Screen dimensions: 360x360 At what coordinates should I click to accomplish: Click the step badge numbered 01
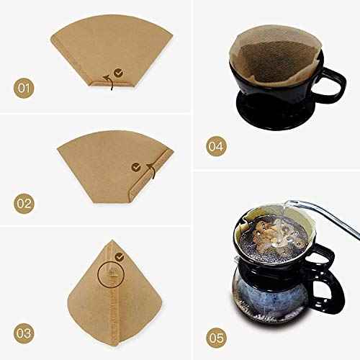[x=24, y=89]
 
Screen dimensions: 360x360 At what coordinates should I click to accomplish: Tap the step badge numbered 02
[x=24, y=204]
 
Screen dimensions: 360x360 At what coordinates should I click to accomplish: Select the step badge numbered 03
[x=24, y=313]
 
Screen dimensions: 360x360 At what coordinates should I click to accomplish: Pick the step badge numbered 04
[x=215, y=146]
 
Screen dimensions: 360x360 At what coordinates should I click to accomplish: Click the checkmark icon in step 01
[x=117, y=72]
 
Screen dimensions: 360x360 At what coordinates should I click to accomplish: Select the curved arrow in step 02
[x=151, y=171]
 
